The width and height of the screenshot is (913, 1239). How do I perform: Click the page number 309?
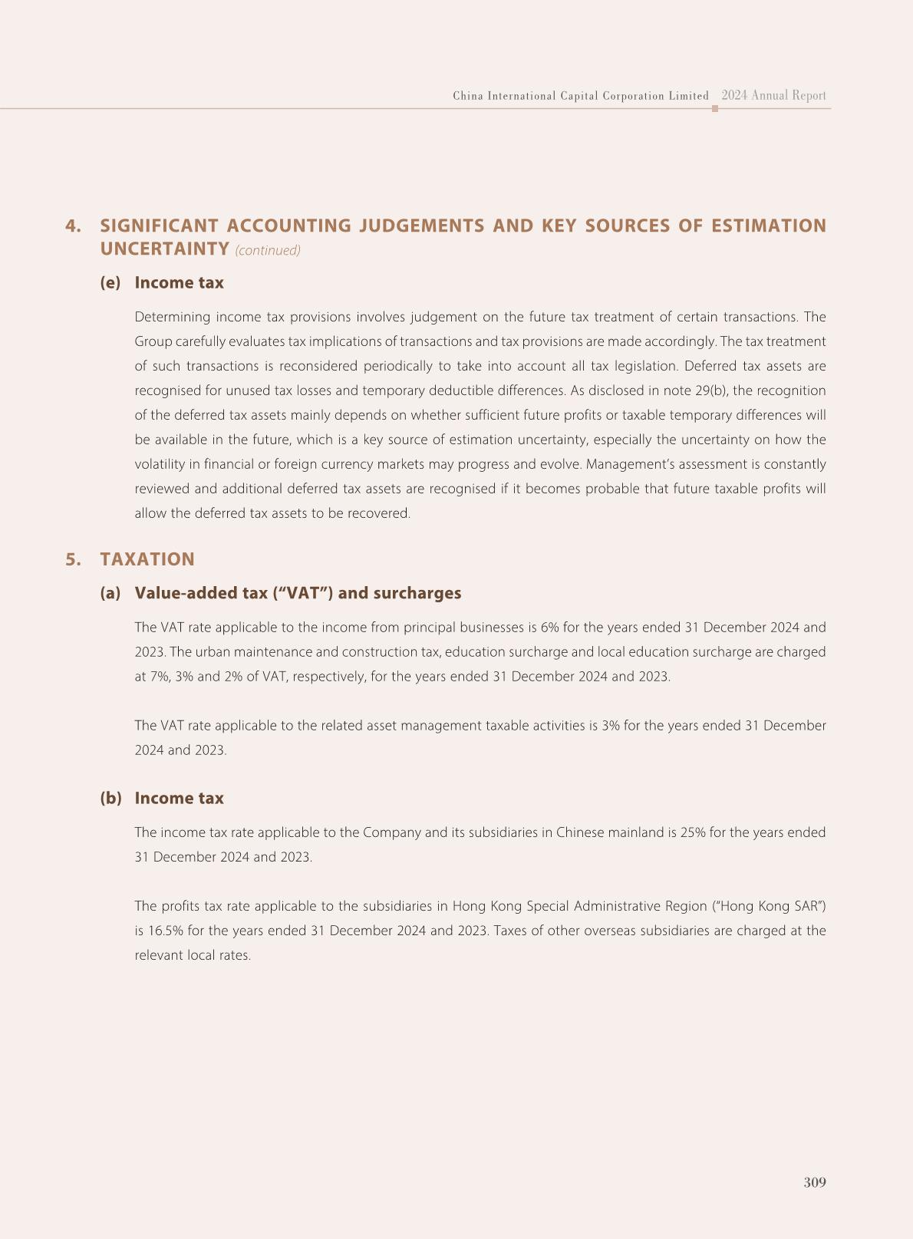[815, 1182]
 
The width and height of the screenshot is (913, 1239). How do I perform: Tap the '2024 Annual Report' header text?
[773, 96]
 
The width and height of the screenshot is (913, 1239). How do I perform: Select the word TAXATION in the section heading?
[147, 559]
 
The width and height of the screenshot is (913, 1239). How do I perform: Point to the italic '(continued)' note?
[268, 250]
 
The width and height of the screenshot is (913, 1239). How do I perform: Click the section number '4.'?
[74, 226]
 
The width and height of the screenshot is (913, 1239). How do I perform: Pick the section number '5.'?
[74, 559]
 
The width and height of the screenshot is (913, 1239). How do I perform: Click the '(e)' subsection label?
[110, 282]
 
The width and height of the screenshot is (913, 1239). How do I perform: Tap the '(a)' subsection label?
[110, 593]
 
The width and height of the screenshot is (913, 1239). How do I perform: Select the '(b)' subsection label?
[110, 798]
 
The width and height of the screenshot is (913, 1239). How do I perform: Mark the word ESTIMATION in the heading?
[769, 226]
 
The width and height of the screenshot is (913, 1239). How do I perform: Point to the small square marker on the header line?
[715, 109]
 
